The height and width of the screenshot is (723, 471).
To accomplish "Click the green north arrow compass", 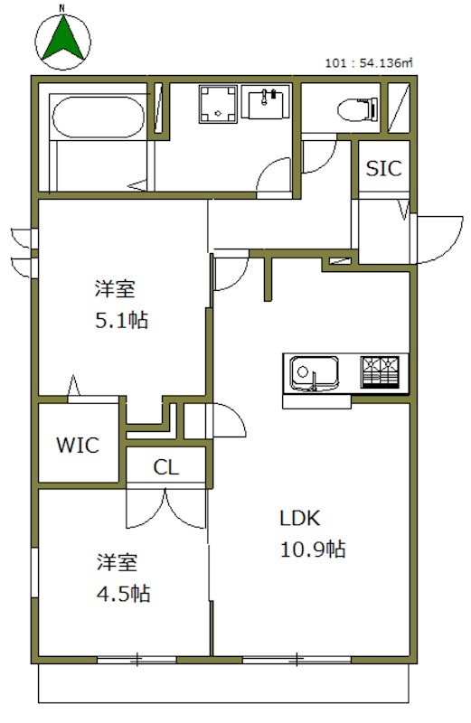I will coord(62,42).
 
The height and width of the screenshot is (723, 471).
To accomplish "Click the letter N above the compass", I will coord(62,8).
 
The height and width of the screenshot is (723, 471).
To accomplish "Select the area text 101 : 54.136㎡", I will coord(369,63).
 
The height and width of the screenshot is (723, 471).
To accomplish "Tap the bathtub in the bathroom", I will coord(96,117).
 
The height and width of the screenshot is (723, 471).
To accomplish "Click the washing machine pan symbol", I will coord(217,105).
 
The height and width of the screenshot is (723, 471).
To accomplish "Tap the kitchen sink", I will coord(314,372).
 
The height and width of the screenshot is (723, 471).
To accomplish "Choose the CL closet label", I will coord(166,467).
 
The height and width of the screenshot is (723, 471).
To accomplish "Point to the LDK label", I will coord(299,519).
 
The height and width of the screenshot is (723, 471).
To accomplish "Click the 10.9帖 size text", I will coord(311,549).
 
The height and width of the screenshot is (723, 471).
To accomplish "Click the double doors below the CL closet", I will coord(166,508).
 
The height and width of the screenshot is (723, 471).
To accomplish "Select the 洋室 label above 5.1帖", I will coord(116,289).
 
